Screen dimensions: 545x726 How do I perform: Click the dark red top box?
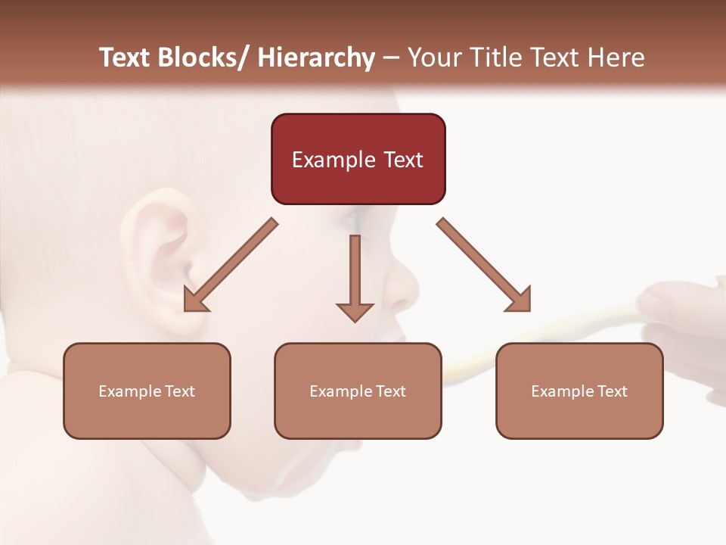click(358, 159)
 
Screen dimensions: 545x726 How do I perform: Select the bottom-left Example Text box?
click(147, 391)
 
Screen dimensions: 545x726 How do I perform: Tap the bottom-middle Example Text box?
click(358, 391)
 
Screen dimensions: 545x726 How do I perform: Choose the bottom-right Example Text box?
click(579, 391)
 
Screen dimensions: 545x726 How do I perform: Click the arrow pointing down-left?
click(231, 266)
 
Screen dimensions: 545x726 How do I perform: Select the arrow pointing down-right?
click(484, 265)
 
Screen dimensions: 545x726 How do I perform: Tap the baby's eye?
click(350, 221)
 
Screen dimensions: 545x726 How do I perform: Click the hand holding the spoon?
click(681, 318)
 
